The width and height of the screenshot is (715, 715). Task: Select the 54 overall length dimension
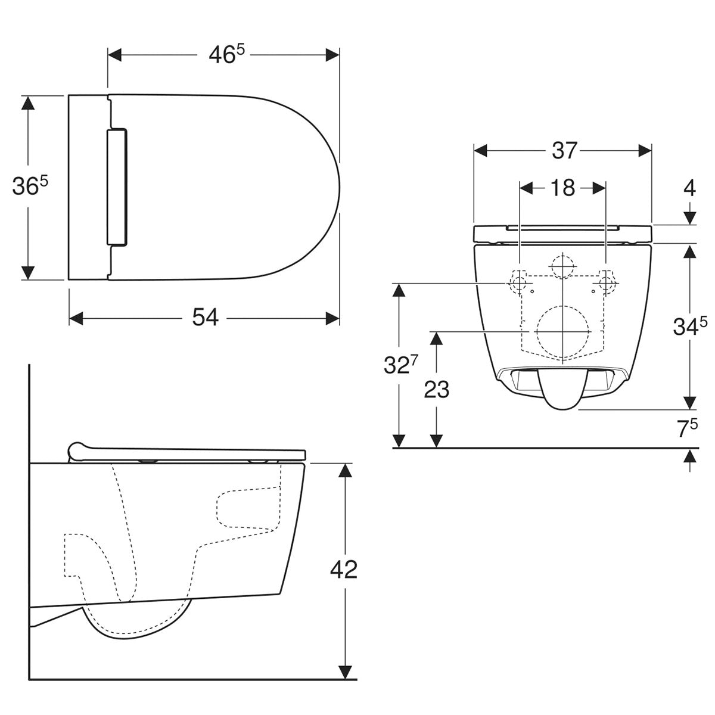click(x=205, y=318)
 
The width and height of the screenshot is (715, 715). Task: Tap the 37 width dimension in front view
click(x=563, y=151)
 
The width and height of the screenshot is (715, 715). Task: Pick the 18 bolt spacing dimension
click(x=562, y=188)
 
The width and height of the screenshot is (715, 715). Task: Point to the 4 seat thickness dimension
click(x=689, y=188)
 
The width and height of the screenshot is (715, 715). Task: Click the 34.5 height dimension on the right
click(x=690, y=327)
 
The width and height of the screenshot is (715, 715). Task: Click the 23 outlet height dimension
click(x=436, y=390)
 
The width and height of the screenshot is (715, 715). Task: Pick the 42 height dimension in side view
click(x=343, y=570)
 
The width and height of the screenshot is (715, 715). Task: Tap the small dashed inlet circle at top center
click(x=562, y=266)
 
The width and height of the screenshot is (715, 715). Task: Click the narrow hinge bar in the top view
click(x=117, y=186)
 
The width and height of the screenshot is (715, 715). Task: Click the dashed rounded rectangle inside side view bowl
click(x=247, y=508)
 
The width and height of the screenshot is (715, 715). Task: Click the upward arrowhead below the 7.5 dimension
click(x=689, y=456)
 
